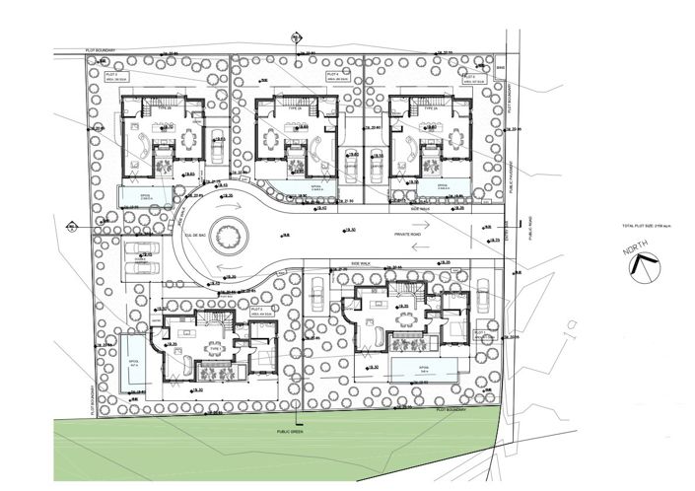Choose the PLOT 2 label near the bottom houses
pos(261,310)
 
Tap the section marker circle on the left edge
pos(71,227)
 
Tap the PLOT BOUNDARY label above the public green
pos(446,407)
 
